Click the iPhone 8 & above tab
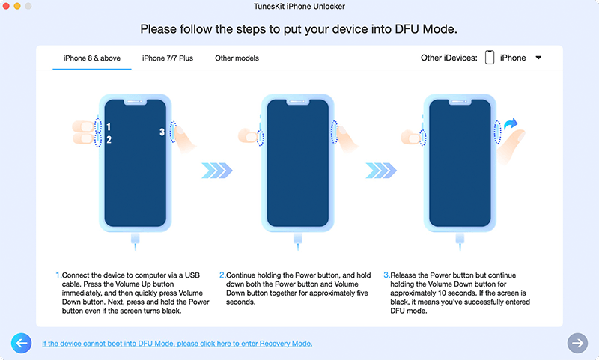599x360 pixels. (91, 58)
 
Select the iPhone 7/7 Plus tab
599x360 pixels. (167, 58)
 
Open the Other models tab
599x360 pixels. (237, 58)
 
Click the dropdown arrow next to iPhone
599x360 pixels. (538, 58)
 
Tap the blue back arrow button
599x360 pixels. (22, 343)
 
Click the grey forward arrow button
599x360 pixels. (577, 343)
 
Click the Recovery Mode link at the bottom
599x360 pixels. (177, 344)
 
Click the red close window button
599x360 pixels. (6, 6)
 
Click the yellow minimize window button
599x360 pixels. (16, 6)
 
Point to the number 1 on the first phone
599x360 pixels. (109, 126)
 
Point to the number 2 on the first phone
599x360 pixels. (109, 140)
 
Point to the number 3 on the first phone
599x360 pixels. (162, 132)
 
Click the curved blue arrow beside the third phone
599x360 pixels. (511, 123)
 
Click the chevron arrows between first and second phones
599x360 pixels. (217, 171)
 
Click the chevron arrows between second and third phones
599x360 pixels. (381, 171)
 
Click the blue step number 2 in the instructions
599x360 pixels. (222, 275)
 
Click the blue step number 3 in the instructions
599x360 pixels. (386, 275)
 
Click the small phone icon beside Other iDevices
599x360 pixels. (490, 58)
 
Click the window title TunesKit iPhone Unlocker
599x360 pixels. (299, 7)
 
